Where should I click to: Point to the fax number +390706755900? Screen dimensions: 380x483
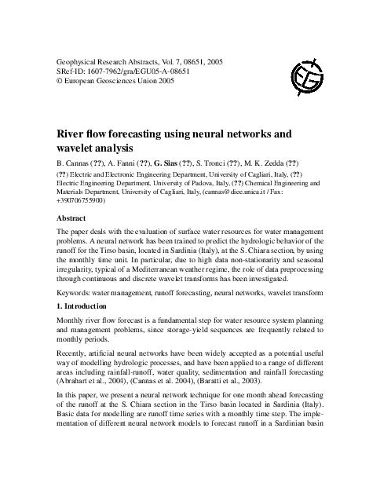click(x=92, y=200)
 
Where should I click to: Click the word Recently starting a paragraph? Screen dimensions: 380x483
click(x=77, y=354)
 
